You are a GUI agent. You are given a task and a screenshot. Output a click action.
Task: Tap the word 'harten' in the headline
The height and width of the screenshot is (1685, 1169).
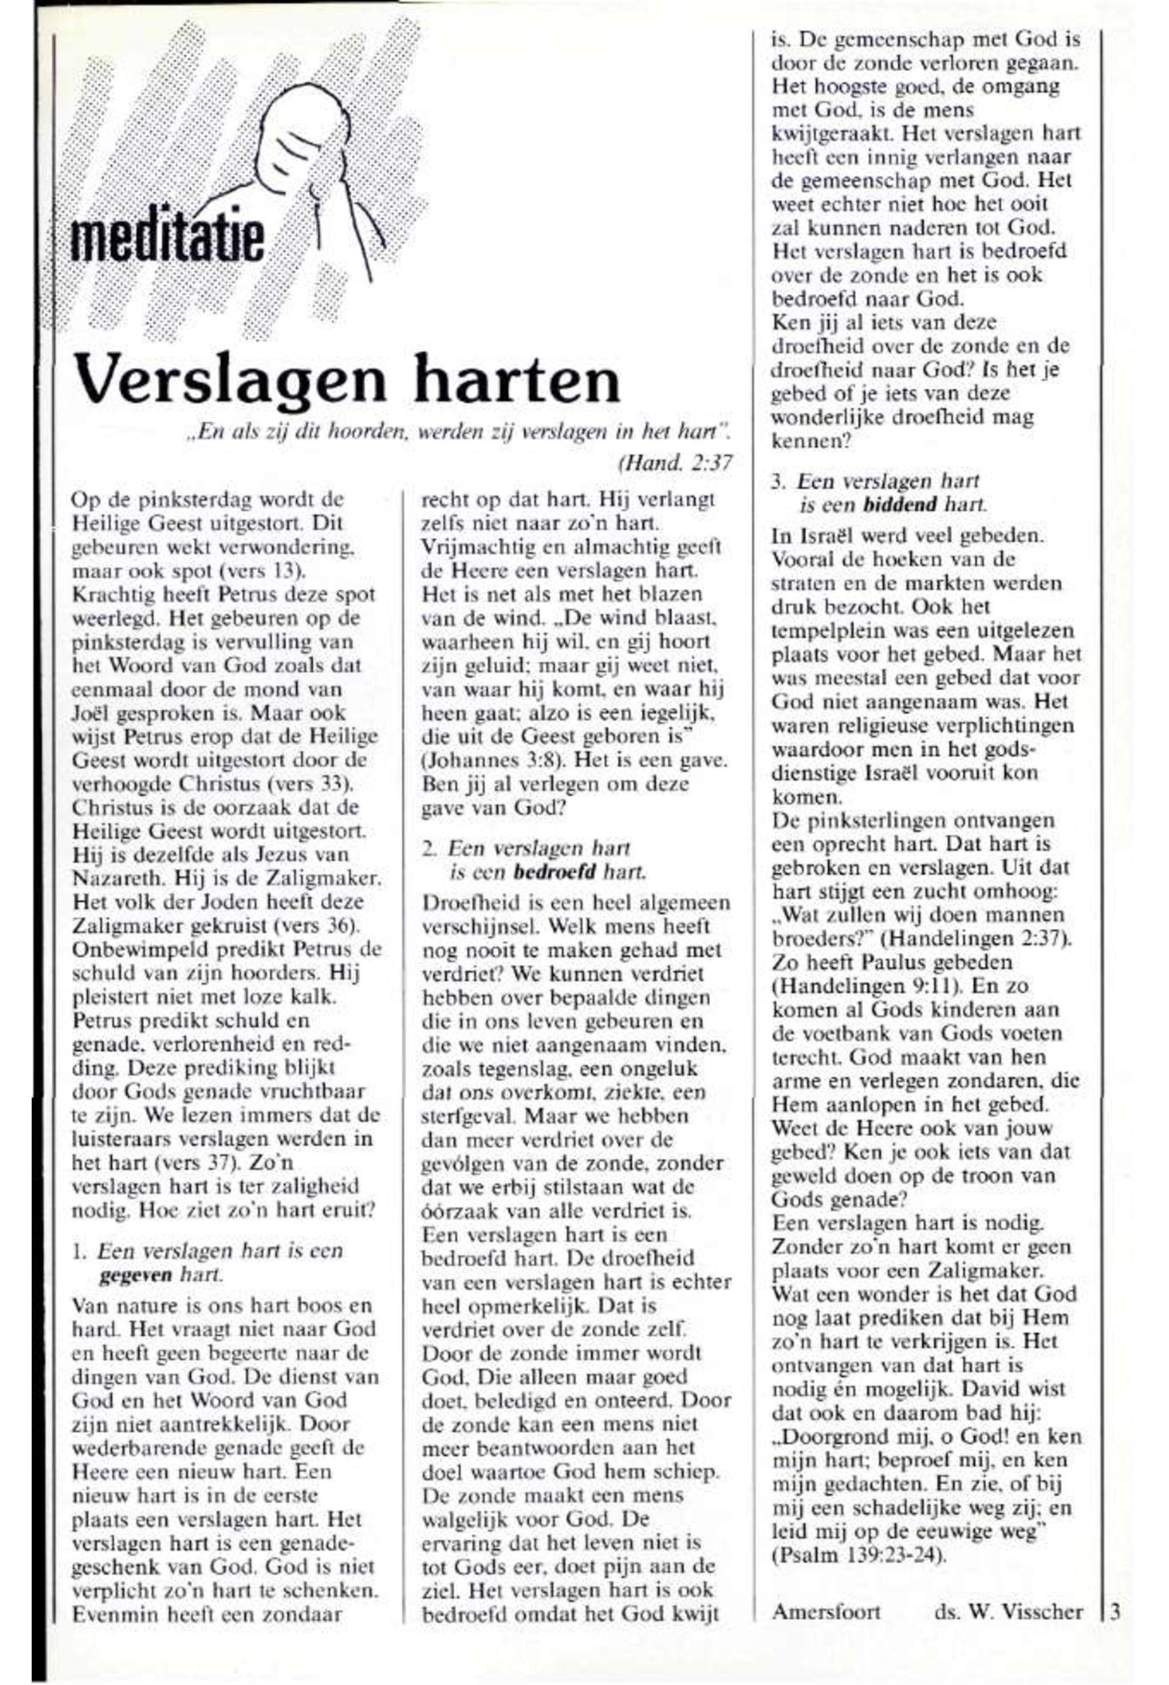[516, 379]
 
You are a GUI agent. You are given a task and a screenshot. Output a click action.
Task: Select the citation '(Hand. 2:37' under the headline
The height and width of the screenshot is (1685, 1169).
[675, 463]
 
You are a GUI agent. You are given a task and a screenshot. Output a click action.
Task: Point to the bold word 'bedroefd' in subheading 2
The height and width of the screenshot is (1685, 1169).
[555, 872]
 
